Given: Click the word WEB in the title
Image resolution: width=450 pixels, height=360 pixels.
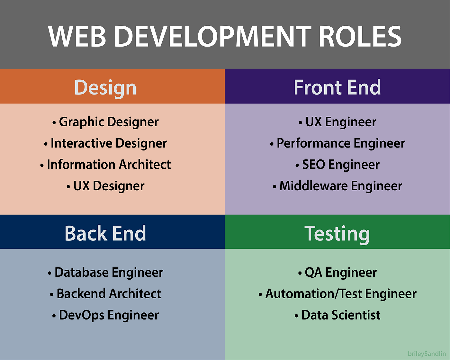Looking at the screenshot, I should tap(77, 36).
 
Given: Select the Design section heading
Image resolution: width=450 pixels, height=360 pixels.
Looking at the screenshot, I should tap(105, 87).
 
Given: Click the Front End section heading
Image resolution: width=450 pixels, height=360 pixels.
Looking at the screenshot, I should tap(337, 87).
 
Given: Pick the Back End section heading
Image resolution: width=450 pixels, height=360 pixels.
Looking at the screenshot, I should tap(105, 233).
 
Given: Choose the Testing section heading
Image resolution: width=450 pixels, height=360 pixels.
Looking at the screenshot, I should tap(337, 233).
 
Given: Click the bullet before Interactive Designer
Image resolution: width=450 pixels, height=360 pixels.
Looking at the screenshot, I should tap(46, 144).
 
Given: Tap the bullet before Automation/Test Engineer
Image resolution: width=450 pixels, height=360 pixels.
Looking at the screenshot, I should tap(260, 294).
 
